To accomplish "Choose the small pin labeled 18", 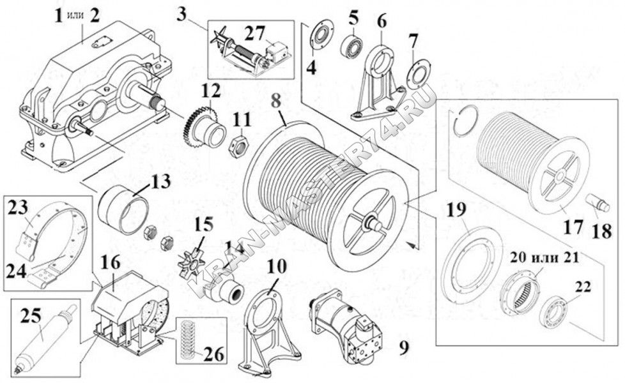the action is click(x=598, y=202).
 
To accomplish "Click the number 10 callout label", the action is click(x=276, y=267).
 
